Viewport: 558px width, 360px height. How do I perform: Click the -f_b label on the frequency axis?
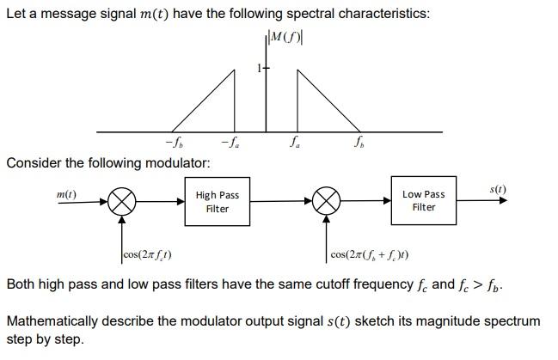tap(173, 142)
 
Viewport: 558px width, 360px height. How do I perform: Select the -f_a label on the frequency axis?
tap(229, 142)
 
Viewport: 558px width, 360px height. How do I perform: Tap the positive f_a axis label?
tap(295, 142)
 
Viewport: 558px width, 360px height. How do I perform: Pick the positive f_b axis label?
tap(359, 142)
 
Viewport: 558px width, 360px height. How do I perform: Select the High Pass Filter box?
tap(218, 202)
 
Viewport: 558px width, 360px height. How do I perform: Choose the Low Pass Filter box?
tap(424, 201)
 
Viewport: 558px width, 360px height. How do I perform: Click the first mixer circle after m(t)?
tap(123, 202)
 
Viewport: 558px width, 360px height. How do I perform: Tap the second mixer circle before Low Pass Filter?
tap(326, 202)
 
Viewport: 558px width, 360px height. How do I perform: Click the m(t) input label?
tap(66, 195)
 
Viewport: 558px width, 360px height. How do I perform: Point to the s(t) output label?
tap(498, 189)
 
